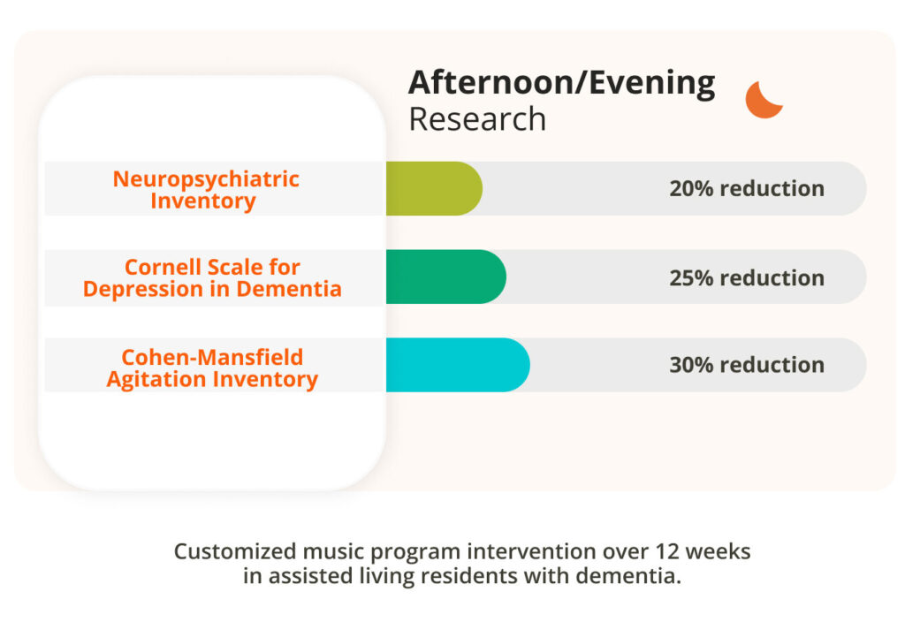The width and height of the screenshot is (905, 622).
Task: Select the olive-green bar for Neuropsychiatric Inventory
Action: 434,189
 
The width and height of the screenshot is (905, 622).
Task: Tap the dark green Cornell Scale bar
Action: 446,277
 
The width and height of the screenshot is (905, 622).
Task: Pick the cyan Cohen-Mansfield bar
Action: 458,365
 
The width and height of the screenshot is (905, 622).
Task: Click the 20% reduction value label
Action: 747,189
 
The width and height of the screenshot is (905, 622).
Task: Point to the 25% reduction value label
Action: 747,277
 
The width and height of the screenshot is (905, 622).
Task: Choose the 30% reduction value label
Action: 747,365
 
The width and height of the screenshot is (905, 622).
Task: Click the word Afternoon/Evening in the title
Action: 562,83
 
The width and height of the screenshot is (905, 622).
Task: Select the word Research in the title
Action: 477,119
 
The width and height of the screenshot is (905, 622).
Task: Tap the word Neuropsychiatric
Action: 206,179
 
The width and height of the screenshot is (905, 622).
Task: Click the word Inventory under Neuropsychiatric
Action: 203,201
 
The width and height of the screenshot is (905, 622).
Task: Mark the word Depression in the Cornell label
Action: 142,289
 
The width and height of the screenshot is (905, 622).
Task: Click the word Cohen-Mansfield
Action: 212,357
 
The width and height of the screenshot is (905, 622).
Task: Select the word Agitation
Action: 156,380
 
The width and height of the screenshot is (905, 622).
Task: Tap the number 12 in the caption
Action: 667,551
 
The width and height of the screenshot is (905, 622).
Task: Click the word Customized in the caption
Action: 235,551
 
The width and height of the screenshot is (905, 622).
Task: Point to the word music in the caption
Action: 333,551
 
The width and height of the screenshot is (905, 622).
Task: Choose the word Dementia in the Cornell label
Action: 289,289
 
